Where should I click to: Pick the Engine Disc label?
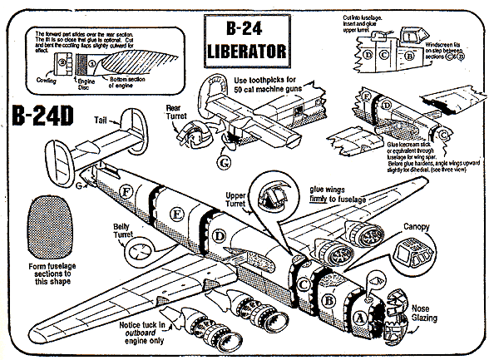81,84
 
